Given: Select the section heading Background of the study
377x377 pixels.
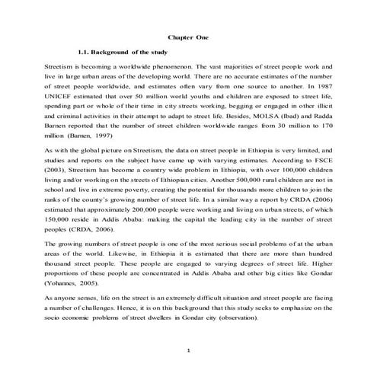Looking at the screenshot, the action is (129, 52).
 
